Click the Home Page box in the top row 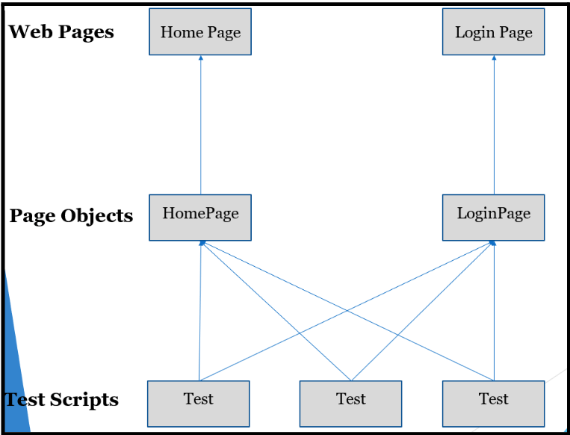(200, 32)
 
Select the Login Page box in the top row (493, 32)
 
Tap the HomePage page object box (200, 217)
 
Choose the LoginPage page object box (493, 217)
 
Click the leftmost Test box (198, 404)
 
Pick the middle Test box (350, 404)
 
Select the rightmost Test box (493, 404)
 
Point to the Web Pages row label (61, 32)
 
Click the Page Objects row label (71, 216)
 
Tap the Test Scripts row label (62, 400)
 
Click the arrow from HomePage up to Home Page (200, 127)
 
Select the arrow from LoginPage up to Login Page (494, 127)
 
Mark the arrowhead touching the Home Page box (200, 58)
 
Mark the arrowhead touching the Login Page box (494, 58)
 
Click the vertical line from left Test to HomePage (199, 314)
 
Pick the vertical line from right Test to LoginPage (494, 314)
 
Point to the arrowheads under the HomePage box (201, 244)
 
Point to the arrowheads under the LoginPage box (492, 244)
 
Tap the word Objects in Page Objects (96, 216)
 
